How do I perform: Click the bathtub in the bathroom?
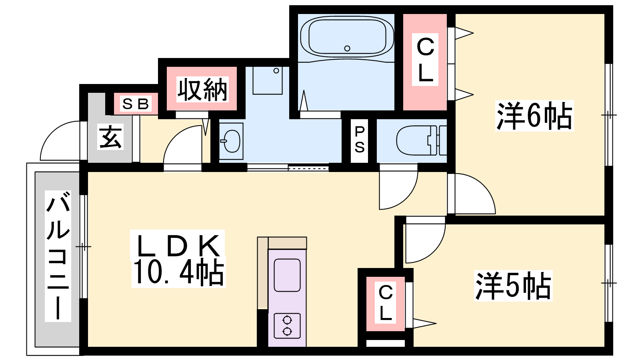click(347, 37)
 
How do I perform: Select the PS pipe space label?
click(359, 140)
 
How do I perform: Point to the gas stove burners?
click(287, 326)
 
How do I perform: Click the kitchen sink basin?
click(287, 275)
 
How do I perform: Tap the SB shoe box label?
click(135, 104)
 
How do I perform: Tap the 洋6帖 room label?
click(534, 116)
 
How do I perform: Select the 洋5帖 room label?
click(513, 286)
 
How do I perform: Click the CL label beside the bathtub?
click(425, 60)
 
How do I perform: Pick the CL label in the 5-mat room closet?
click(386, 303)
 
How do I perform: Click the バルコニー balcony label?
click(58, 256)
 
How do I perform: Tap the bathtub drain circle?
click(347, 48)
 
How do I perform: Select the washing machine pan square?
click(268, 80)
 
